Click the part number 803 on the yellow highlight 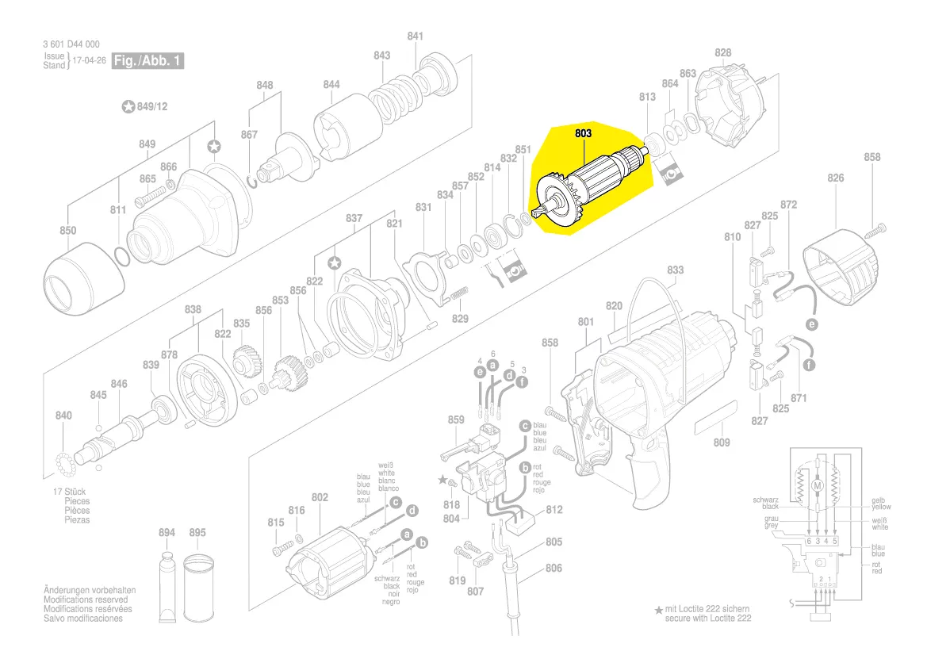pyautogui.click(x=583, y=134)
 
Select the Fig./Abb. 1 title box pyautogui.click(x=148, y=60)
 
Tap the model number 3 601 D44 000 pyautogui.click(x=71, y=45)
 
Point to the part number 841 pyautogui.click(x=415, y=36)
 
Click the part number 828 pyautogui.click(x=722, y=53)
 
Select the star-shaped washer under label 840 pyautogui.click(x=67, y=459)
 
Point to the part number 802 pyautogui.click(x=320, y=497)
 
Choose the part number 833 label pyautogui.click(x=675, y=270)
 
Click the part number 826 pyautogui.click(x=836, y=178)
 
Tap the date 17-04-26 pyautogui.click(x=90, y=60)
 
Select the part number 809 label pyautogui.click(x=721, y=442)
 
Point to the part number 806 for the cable pyautogui.click(x=554, y=568)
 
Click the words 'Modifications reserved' pyautogui.click(x=89, y=600)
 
